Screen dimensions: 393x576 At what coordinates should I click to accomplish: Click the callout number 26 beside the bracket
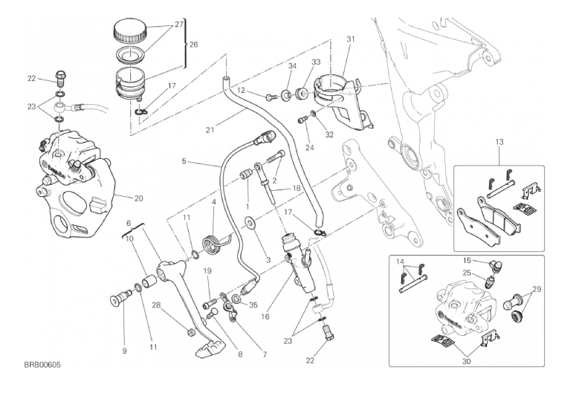click(x=193, y=45)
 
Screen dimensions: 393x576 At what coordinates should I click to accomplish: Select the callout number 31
click(x=351, y=39)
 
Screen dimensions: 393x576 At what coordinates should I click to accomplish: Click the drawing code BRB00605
click(x=42, y=365)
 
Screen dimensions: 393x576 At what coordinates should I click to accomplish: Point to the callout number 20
click(x=140, y=198)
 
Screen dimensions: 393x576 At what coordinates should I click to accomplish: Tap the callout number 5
click(x=184, y=160)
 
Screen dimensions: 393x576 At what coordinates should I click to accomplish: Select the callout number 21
click(x=210, y=131)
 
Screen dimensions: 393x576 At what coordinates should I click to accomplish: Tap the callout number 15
click(x=467, y=261)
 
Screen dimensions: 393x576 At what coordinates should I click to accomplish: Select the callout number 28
click(x=156, y=305)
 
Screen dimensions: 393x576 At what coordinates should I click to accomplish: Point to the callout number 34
click(x=292, y=66)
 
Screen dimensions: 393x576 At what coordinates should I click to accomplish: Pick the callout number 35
click(x=253, y=305)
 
